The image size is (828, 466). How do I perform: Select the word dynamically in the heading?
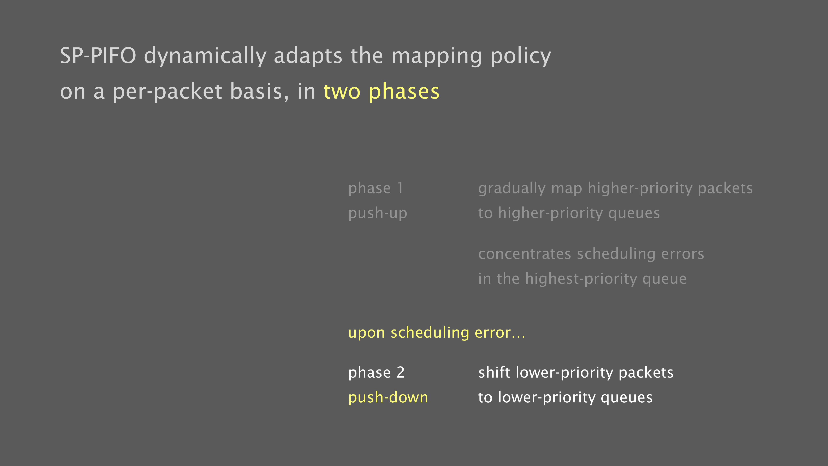tap(205, 57)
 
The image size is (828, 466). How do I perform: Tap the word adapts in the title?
tap(308, 57)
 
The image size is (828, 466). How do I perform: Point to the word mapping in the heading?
tap(437, 57)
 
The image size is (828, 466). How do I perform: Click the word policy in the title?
tap(521, 57)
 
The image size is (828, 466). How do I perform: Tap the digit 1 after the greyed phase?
tap(400, 188)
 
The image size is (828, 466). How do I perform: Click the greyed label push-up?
tap(378, 214)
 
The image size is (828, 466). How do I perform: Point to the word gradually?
tap(512, 189)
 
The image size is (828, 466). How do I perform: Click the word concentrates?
tap(524, 254)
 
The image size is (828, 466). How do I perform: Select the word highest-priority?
tap(580, 279)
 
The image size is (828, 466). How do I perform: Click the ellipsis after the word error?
tap(519, 337)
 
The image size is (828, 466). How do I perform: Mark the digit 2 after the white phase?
tap(401, 372)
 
